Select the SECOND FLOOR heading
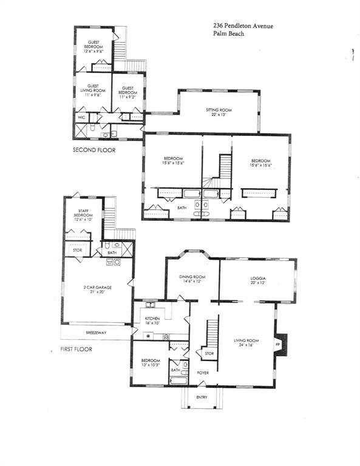(x=94, y=150)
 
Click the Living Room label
(x=246, y=342)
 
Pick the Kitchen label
(x=152, y=320)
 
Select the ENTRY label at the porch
(x=202, y=397)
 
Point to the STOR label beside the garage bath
(x=76, y=249)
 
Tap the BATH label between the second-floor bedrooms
(x=182, y=208)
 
